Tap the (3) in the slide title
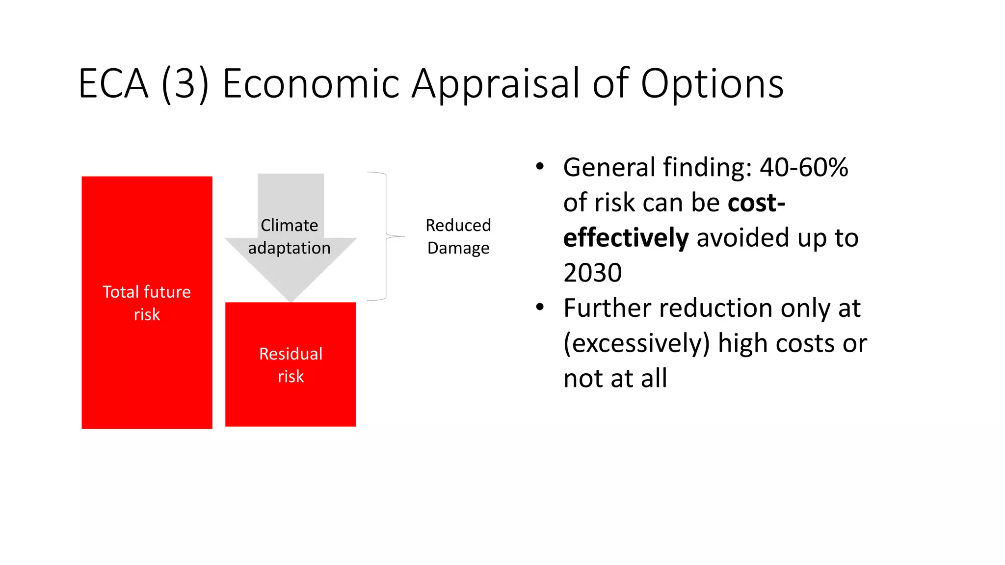point(185,84)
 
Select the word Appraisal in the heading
point(496,84)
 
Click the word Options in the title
point(712,84)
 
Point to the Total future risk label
point(147,303)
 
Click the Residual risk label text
point(291,365)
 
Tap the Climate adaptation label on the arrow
point(290,236)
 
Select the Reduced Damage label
point(458,236)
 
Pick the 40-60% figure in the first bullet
point(804,167)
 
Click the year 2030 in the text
point(592,273)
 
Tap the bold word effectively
point(626,238)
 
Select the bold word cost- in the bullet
point(756,203)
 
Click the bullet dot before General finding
point(540,167)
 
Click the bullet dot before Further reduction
point(540,308)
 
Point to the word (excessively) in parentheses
point(636,343)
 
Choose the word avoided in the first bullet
point(742,238)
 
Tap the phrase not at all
point(615,378)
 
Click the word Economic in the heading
point(311,84)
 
